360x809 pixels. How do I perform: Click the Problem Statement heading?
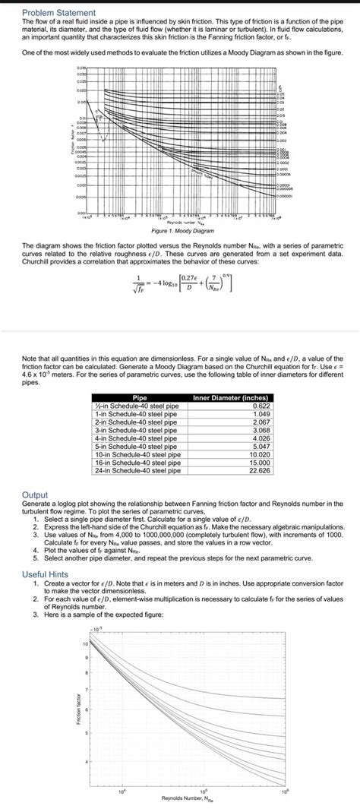(x=58, y=13)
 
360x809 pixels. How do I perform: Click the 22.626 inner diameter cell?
(x=259, y=470)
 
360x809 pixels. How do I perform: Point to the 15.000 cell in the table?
(x=259, y=463)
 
